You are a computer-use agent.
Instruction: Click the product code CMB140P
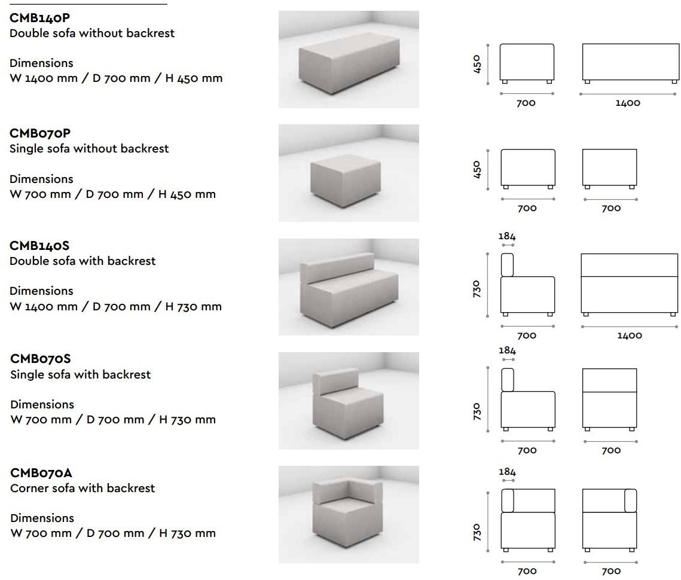click(39, 18)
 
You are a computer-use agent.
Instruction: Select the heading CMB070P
click(40, 133)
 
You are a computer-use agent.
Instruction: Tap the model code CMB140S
click(39, 246)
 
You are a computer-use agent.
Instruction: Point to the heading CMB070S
click(41, 358)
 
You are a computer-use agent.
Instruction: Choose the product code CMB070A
click(41, 473)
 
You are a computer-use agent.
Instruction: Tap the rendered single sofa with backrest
click(348, 404)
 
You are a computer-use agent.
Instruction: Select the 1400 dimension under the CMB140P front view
click(628, 103)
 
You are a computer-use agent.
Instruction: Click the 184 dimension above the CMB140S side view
click(507, 236)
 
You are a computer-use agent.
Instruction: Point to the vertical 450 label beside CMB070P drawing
click(477, 169)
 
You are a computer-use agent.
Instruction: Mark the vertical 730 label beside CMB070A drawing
click(477, 532)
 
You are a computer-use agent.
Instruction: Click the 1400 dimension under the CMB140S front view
click(630, 335)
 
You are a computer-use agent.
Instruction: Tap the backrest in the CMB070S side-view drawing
click(507, 380)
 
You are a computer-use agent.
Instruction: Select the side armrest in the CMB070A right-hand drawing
click(631, 500)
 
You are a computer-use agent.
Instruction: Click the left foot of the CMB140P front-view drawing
click(587, 82)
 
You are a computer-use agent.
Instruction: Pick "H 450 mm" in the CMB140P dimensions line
click(194, 78)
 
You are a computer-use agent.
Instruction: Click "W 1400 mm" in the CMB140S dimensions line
click(44, 306)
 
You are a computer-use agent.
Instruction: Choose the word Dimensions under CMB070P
click(41, 179)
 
